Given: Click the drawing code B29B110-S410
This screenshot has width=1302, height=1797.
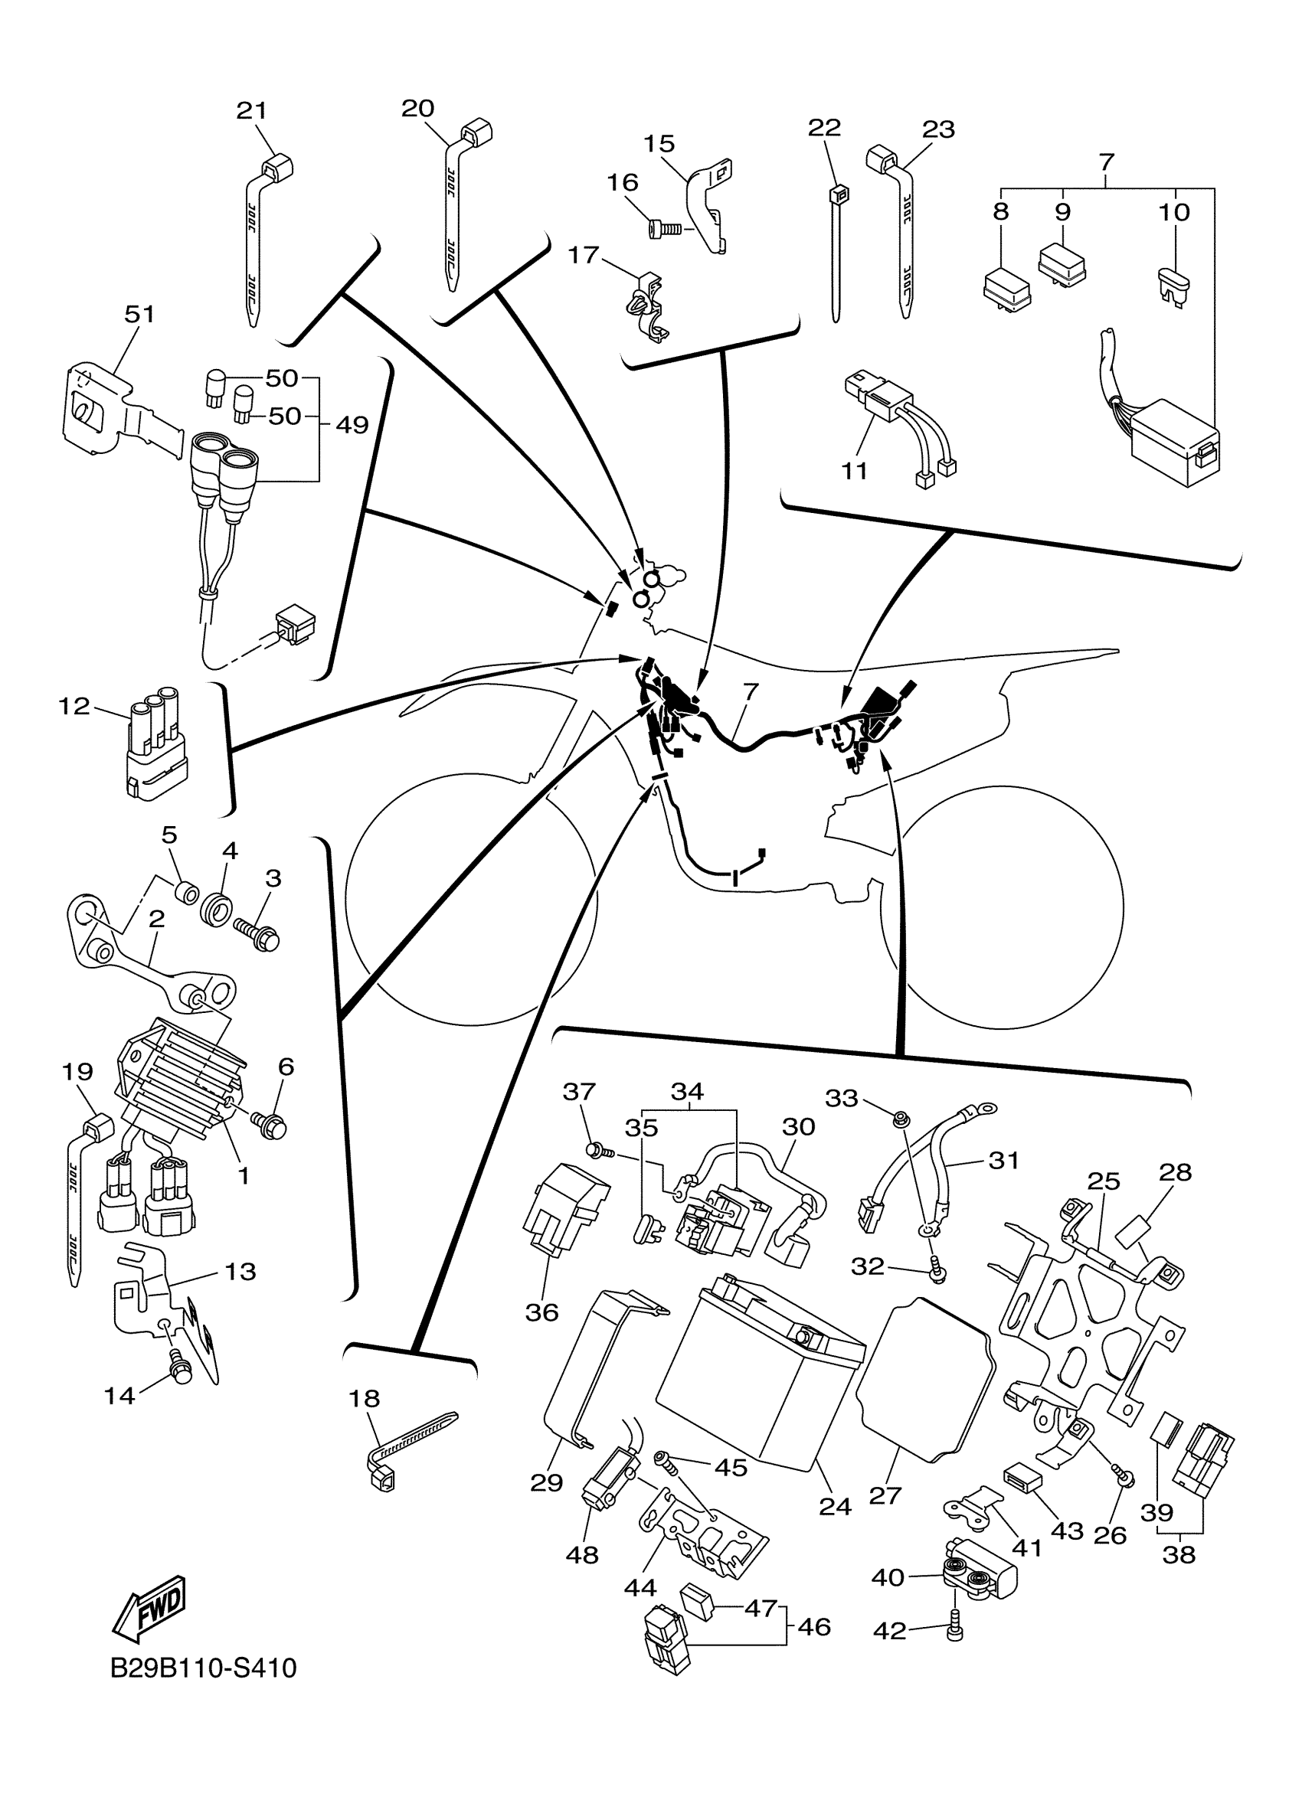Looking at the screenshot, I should click(203, 1668).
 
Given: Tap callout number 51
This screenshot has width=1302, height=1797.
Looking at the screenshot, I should click(139, 315).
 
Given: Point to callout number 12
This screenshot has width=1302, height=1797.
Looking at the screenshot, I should click(74, 705).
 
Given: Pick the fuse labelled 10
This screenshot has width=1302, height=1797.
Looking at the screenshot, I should click(1171, 283).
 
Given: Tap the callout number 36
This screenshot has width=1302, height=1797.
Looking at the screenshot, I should click(542, 1313).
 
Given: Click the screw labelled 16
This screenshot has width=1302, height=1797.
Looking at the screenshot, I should click(662, 229).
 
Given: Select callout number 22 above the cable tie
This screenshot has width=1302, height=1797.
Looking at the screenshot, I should click(824, 128).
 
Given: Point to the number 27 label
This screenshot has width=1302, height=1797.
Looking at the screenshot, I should click(885, 1495).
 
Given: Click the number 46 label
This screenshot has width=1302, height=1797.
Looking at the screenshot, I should click(814, 1627).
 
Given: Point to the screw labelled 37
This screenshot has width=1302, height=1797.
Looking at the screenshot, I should click(594, 1151).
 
